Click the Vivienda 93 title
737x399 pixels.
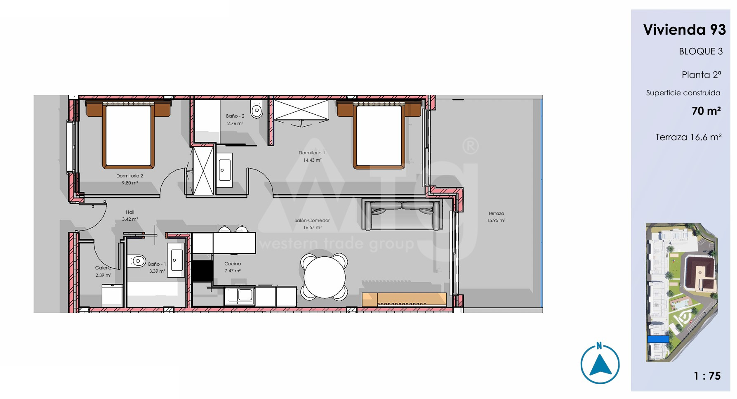tap(684, 30)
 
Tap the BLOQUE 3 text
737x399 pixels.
tap(701, 52)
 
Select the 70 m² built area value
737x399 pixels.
tap(706, 111)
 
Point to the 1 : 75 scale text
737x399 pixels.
tap(707, 376)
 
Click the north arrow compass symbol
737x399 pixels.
tap(600, 364)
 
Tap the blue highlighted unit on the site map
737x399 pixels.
tap(658, 339)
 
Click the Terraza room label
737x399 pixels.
tap(496, 213)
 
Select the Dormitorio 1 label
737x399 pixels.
tap(312, 153)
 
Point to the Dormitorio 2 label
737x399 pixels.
tap(130, 176)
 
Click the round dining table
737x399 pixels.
tap(324, 276)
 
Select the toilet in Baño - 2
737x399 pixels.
tap(257, 109)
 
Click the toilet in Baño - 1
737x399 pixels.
tap(137, 261)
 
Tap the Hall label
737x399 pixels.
tap(130, 212)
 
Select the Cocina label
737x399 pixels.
tap(233, 264)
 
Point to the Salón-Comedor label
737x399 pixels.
tap(312, 220)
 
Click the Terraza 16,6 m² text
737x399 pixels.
tap(688, 137)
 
